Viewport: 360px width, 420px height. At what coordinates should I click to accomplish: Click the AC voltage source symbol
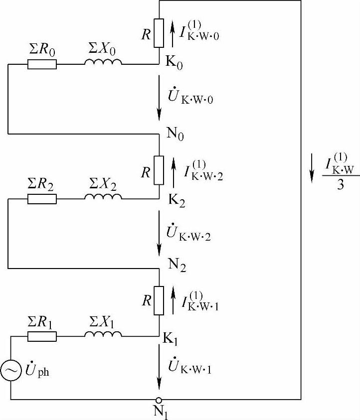[x=10, y=372]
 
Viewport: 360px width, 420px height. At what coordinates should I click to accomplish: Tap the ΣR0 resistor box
[x=42, y=64]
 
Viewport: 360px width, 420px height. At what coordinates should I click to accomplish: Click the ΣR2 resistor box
[x=42, y=199]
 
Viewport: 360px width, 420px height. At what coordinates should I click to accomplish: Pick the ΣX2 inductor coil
[x=103, y=197]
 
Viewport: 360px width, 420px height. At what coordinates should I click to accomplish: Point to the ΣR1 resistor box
[x=42, y=337]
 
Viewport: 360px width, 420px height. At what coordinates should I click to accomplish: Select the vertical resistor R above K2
[x=159, y=169]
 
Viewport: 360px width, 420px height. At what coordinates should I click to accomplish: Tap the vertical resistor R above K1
[x=159, y=301]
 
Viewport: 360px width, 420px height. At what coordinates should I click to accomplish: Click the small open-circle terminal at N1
[x=159, y=400]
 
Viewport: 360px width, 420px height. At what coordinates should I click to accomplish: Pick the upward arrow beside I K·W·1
[x=173, y=301]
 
